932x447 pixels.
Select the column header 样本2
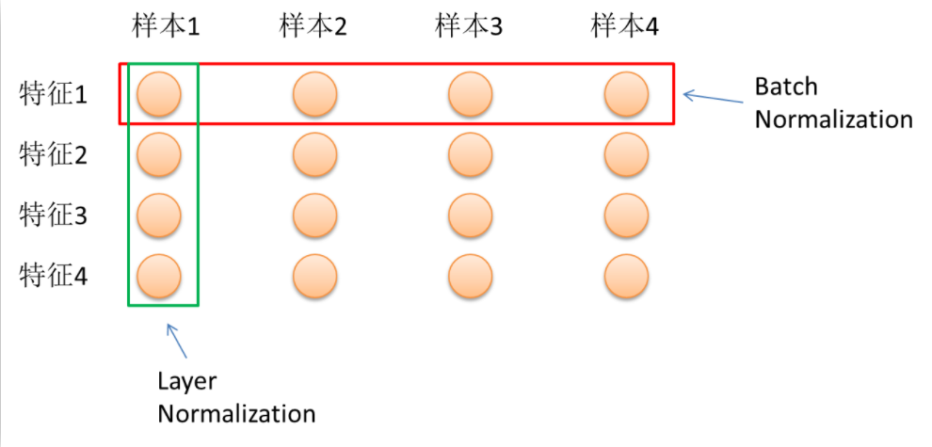point(313,26)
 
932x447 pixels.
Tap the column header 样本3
point(469,26)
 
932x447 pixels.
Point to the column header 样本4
point(625,26)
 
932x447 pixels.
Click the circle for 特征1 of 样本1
point(159,94)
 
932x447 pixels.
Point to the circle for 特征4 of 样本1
point(159,278)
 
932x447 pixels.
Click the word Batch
point(786,88)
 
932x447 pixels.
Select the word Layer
point(187,382)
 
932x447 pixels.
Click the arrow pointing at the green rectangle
point(178,341)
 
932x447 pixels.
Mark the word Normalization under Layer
point(236,413)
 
